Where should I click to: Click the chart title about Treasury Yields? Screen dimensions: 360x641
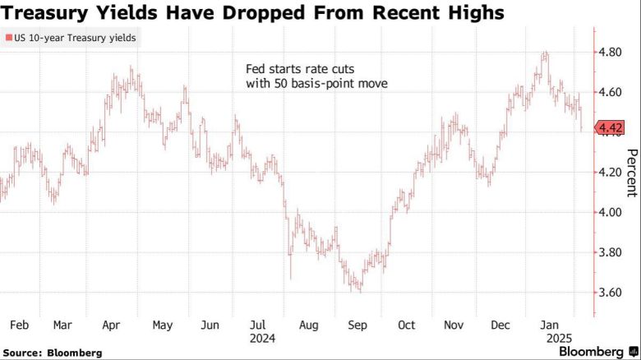click(x=252, y=14)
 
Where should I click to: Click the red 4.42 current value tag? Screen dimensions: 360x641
click(x=609, y=127)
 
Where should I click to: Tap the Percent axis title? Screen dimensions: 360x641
click(x=631, y=173)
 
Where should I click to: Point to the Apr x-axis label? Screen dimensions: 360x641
click(x=111, y=325)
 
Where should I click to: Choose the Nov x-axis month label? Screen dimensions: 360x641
click(x=454, y=325)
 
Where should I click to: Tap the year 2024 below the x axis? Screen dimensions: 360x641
click(x=261, y=338)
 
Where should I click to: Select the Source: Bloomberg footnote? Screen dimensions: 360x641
click(x=52, y=352)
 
